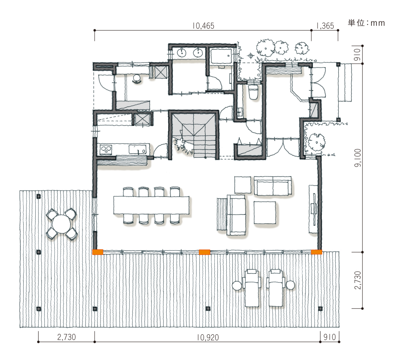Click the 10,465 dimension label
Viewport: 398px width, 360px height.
click(x=203, y=26)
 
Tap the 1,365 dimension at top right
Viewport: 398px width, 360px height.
click(x=325, y=26)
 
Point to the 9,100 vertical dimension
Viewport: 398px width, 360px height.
click(x=357, y=158)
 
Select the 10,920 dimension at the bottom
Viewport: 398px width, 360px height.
click(x=208, y=337)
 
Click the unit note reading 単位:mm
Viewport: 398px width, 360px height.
click(x=366, y=23)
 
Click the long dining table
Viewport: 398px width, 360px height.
click(x=151, y=205)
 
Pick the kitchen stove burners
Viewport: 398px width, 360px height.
click(x=106, y=150)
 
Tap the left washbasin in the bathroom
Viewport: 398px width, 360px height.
click(x=182, y=53)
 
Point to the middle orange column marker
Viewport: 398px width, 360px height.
click(x=204, y=252)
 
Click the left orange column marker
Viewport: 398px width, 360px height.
click(x=98, y=252)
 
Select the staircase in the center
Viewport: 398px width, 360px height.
click(x=194, y=135)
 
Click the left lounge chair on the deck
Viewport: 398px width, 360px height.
click(x=252, y=288)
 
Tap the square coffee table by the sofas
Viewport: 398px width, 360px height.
click(x=265, y=213)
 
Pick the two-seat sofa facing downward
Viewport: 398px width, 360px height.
click(x=273, y=186)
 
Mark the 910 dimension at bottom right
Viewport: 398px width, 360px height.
click(x=330, y=337)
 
